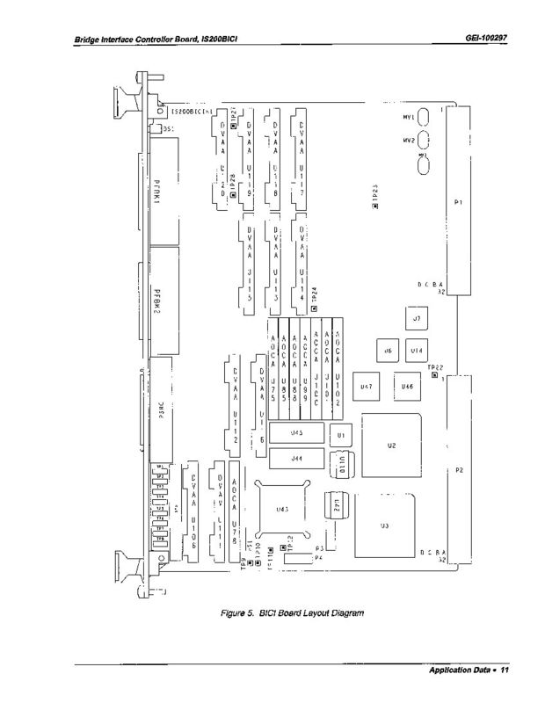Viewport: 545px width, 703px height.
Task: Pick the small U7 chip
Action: (416, 318)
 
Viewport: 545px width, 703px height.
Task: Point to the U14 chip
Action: (418, 350)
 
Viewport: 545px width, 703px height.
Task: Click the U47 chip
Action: (366, 386)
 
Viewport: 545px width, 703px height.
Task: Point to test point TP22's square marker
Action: (435, 375)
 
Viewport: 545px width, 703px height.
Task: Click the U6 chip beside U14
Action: (386, 350)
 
